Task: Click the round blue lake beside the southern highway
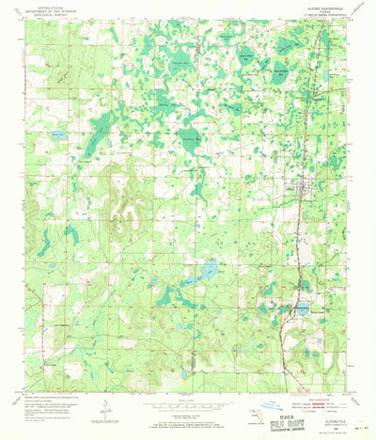[302, 307]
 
